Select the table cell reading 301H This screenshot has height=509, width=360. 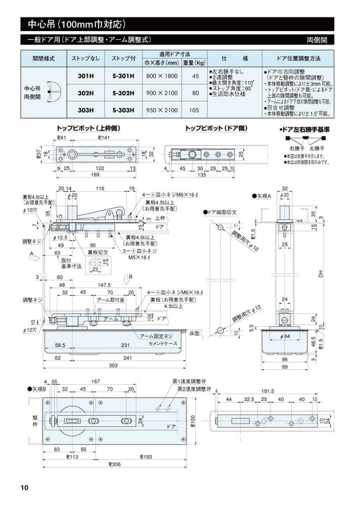85,76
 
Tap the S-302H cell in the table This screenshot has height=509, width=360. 122,93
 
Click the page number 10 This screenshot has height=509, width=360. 24,488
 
